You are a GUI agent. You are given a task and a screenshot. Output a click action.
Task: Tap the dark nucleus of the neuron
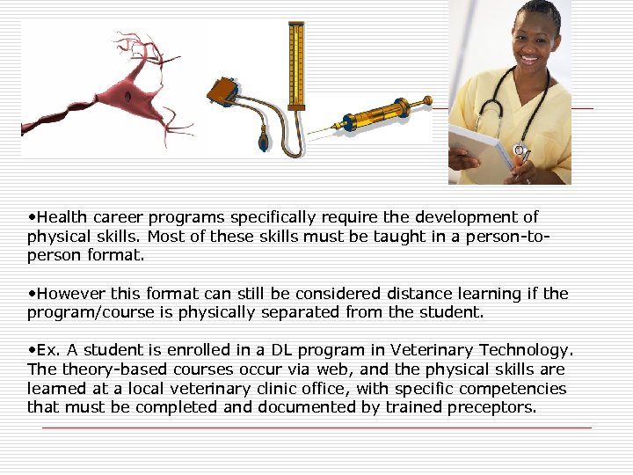click(128, 95)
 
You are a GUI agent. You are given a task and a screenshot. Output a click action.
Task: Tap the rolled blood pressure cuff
click(221, 91)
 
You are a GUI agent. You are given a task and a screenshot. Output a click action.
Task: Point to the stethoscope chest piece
click(520, 151)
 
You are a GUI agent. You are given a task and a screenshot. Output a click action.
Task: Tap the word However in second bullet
click(70, 293)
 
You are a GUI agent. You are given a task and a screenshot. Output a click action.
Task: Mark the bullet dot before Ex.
click(32, 350)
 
